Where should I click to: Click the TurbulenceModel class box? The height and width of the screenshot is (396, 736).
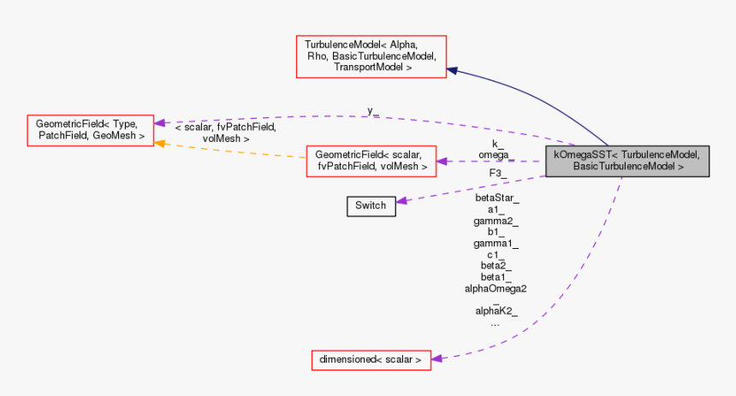371,56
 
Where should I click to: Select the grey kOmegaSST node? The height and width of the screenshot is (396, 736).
627,161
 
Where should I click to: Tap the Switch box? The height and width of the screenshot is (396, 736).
371,205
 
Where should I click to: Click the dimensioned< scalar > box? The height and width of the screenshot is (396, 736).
370,360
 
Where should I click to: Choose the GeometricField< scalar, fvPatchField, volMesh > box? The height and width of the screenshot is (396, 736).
371,161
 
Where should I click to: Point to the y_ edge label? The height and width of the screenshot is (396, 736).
373,111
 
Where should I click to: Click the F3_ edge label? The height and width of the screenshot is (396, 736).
497,173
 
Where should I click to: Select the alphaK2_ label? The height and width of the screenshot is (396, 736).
496,311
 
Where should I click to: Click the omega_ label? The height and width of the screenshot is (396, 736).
496,154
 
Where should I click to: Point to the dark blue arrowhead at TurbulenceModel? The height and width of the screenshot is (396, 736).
454,71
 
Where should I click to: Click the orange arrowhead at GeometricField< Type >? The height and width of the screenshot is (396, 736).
160,143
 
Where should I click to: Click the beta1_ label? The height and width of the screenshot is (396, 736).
496,277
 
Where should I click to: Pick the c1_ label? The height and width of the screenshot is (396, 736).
496,254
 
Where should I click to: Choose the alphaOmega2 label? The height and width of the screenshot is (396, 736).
496,288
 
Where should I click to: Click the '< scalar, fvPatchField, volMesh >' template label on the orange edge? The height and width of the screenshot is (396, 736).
225,132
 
